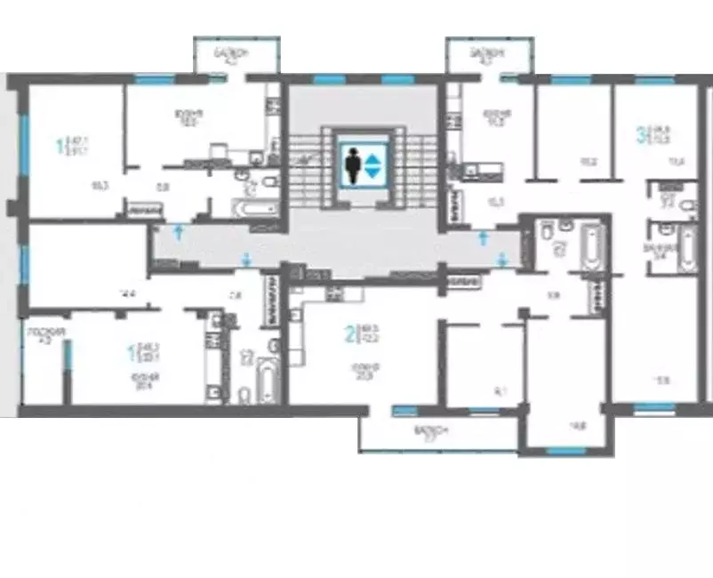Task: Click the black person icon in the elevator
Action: click(x=354, y=165)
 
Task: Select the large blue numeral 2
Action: click(x=350, y=334)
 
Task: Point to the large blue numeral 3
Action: click(x=640, y=136)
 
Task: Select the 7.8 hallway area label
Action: click(x=235, y=296)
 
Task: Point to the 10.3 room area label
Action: click(x=100, y=186)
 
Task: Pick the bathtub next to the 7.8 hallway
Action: click(x=267, y=381)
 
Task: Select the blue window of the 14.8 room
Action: click(x=565, y=451)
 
